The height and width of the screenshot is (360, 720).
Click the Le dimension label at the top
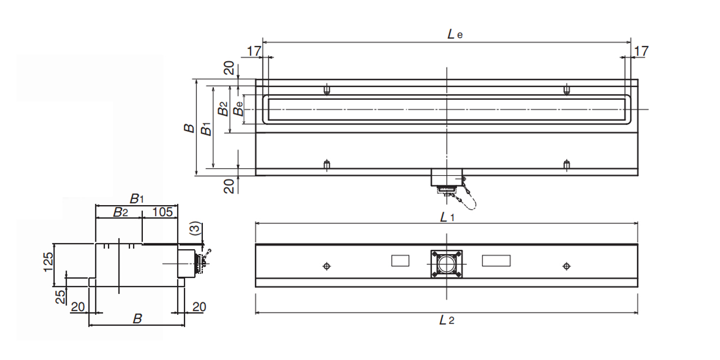454,34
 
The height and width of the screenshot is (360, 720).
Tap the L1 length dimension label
447,217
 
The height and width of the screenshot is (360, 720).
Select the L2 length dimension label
447,320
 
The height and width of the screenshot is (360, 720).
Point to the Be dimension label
238,109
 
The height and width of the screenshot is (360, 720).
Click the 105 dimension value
162,212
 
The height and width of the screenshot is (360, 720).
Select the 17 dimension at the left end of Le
254,51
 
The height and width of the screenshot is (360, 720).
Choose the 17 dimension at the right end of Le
641,51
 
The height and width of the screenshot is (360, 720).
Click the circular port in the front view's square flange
447,265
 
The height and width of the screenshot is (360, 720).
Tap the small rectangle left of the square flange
400,261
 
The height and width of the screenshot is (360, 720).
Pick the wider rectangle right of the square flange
496,261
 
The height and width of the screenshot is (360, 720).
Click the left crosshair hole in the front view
326,266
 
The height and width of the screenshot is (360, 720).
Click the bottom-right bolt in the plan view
567,164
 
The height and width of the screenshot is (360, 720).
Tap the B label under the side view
137,319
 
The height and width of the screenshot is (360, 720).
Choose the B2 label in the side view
120,212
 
